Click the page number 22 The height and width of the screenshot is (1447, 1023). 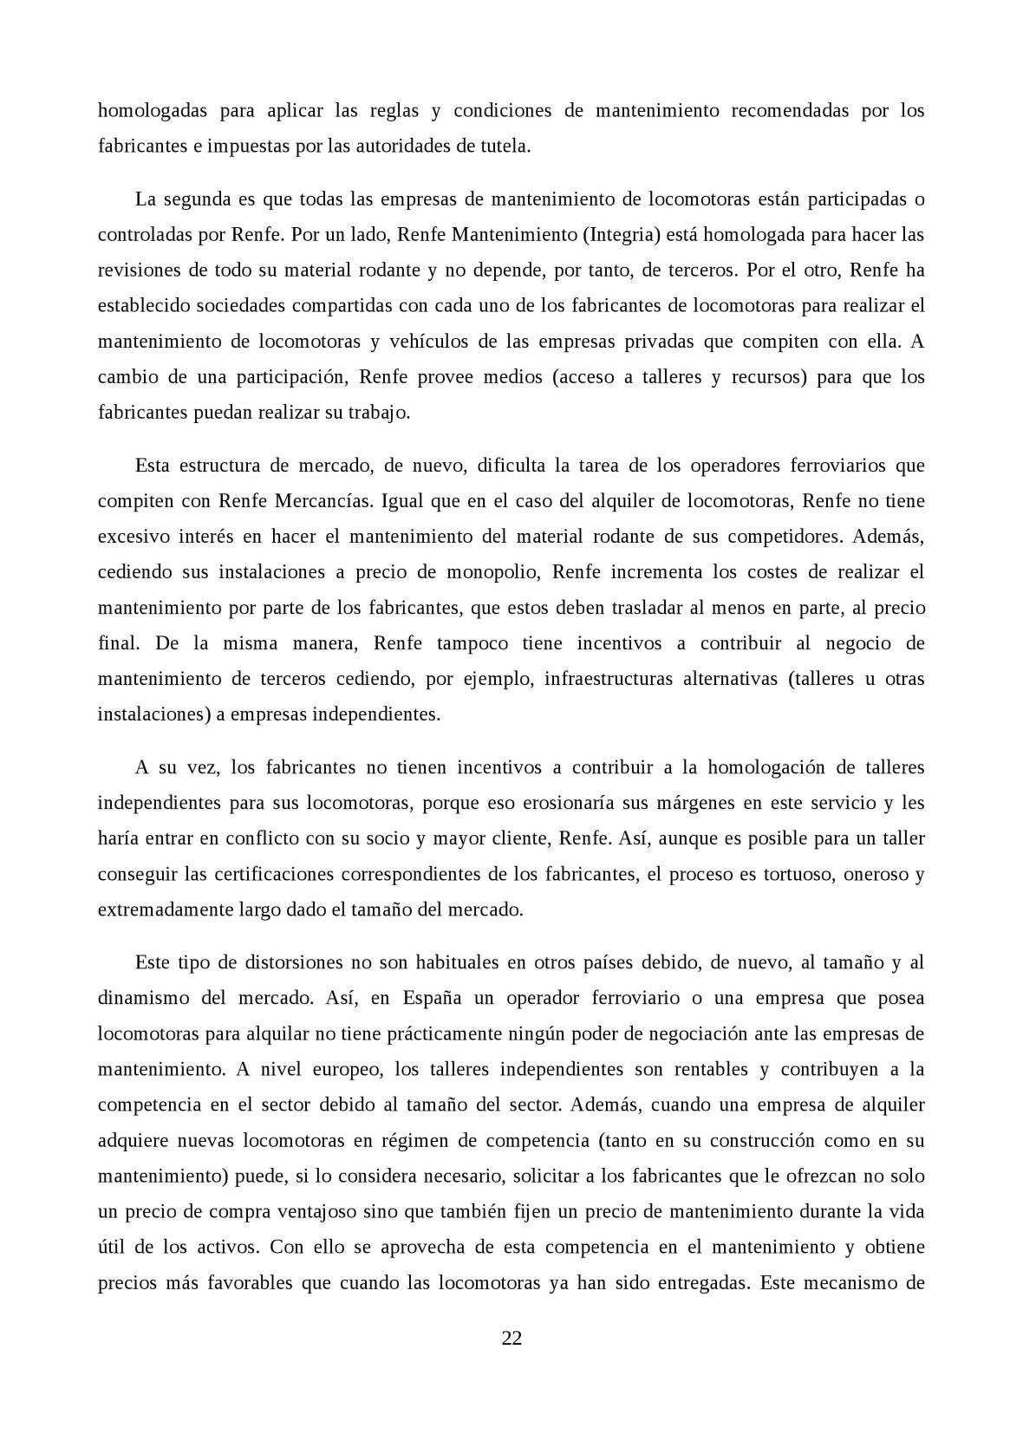(511, 1338)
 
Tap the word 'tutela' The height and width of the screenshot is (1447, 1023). (504, 146)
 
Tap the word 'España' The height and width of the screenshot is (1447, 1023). (431, 998)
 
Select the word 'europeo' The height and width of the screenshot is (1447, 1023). (349, 1069)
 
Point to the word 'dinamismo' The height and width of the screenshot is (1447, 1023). (142, 998)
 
